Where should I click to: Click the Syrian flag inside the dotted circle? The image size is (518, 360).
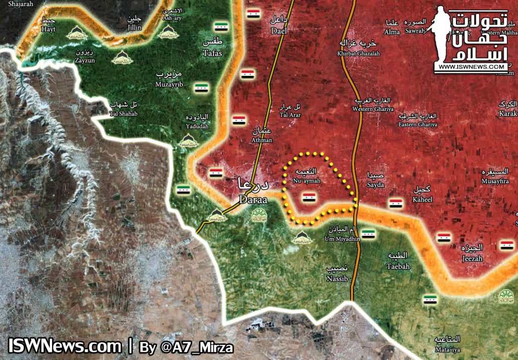click(x=309, y=197)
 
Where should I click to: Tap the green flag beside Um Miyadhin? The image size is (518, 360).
click(x=368, y=234)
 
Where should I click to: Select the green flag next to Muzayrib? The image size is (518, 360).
click(x=201, y=88)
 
